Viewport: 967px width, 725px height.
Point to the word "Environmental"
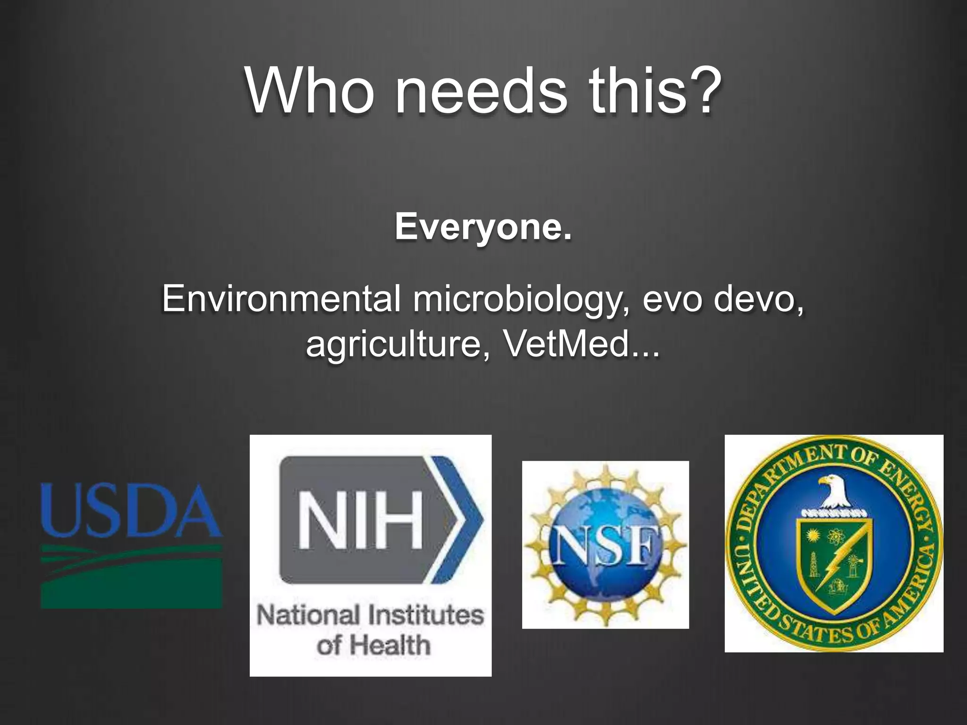coord(281,298)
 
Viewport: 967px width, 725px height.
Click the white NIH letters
coord(361,520)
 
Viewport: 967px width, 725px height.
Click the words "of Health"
coord(373,645)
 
